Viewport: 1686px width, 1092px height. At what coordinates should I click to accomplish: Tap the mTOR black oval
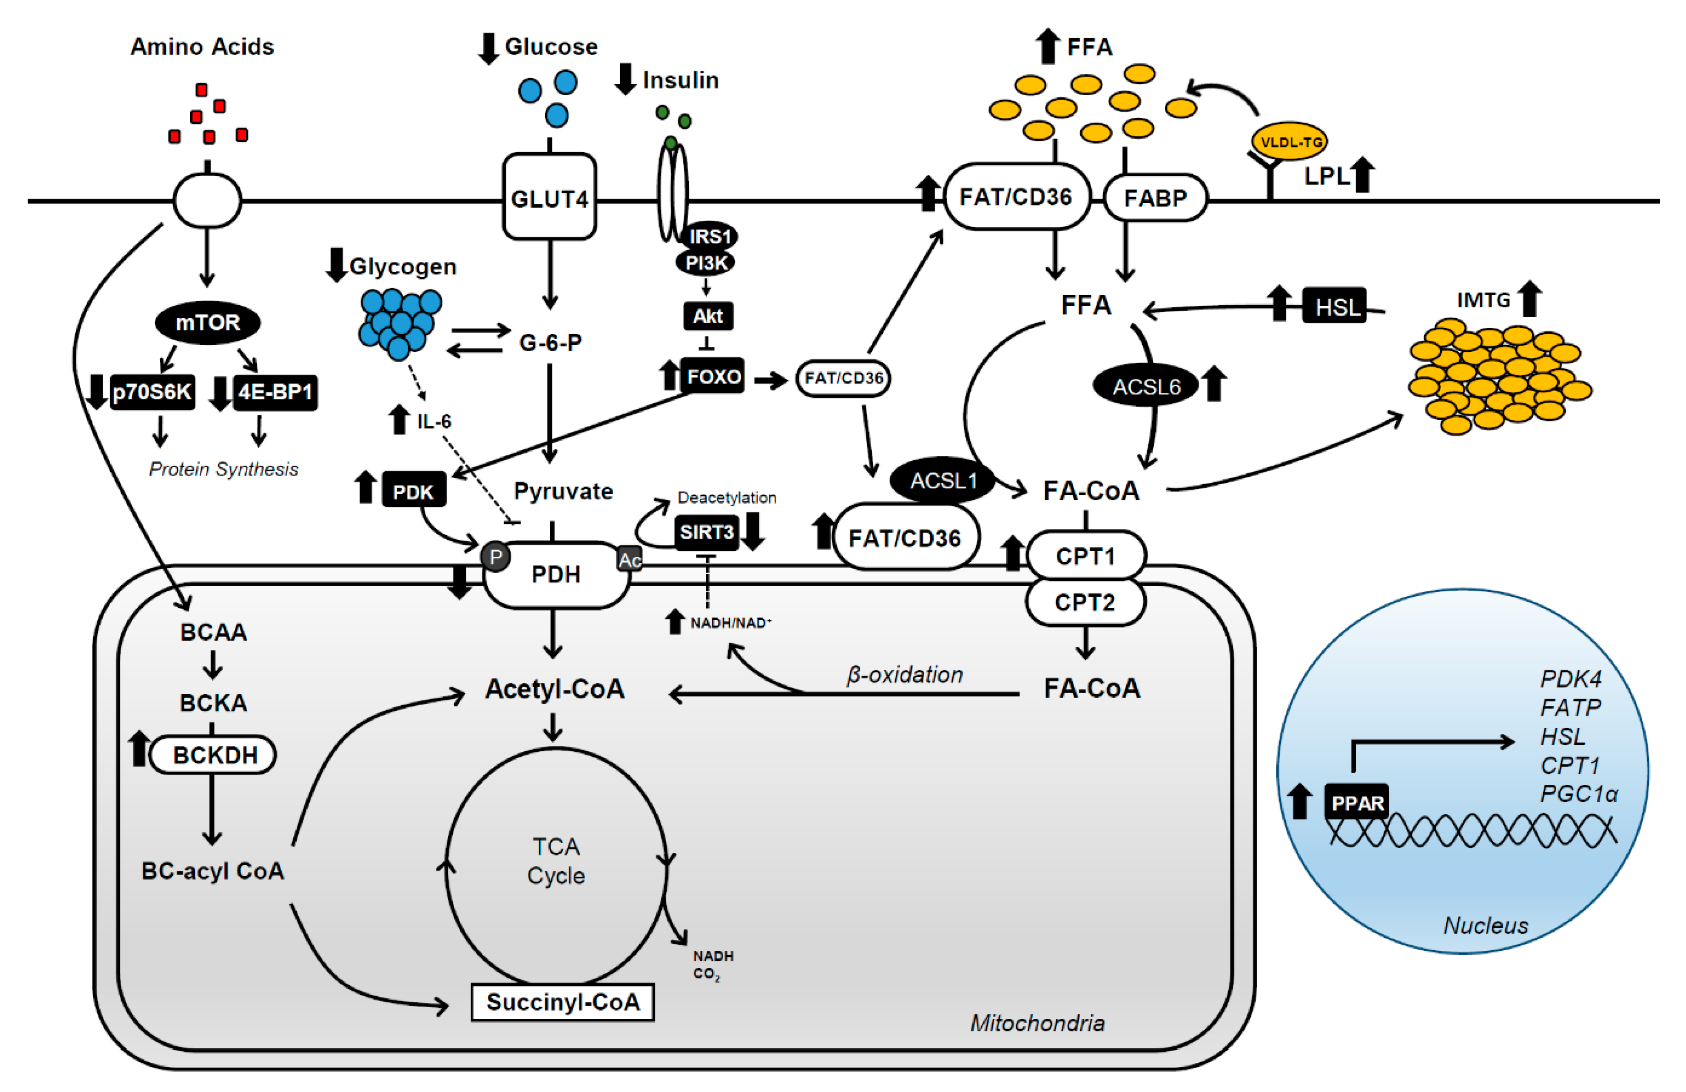point(208,323)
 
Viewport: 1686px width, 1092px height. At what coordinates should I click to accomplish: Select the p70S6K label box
point(152,392)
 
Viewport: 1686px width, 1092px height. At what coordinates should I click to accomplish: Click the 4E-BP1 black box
point(275,392)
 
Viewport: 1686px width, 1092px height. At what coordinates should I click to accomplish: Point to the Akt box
point(707,316)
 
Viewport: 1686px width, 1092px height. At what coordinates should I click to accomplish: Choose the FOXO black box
point(713,376)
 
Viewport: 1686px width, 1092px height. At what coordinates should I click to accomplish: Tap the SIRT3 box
point(706,532)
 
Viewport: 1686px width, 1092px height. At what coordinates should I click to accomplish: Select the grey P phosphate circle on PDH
point(496,557)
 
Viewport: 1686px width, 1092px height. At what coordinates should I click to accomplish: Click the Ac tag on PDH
point(630,560)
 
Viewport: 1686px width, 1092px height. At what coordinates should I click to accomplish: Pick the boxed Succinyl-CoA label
point(563,1002)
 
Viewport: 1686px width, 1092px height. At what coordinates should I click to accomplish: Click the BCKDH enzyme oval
point(214,755)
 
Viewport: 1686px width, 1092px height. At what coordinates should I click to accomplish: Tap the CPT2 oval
point(1084,602)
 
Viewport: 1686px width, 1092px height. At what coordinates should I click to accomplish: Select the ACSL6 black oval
point(1145,386)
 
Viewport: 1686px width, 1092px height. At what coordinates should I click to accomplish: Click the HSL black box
point(1335,307)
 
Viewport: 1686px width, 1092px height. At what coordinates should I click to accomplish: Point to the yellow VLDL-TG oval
point(1289,142)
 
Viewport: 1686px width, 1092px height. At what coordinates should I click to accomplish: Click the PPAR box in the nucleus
point(1357,802)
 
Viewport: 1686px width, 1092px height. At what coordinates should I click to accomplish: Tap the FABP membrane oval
point(1155,197)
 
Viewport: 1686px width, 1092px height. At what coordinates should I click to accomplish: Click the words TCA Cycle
point(556,861)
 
